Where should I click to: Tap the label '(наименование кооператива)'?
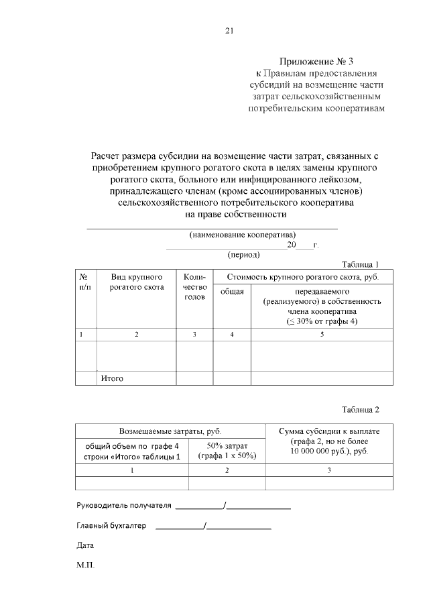pyautogui.click(x=243, y=235)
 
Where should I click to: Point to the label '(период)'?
pyautogui.click(x=245, y=254)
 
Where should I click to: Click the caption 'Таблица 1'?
pyautogui.click(x=360, y=264)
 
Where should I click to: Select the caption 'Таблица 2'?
pyautogui.click(x=360, y=410)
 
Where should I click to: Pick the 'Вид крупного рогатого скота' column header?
pyautogui.click(x=137, y=282)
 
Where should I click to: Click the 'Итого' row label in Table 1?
pyautogui.click(x=112, y=378)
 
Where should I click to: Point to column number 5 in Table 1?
pyautogui.click(x=322, y=334)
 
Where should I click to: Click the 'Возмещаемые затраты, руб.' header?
pyautogui.click(x=170, y=431)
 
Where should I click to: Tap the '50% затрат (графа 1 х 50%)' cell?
pyautogui.click(x=227, y=451)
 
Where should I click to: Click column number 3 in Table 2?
pyautogui.click(x=328, y=470)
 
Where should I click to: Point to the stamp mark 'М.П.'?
pyautogui.click(x=86, y=565)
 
